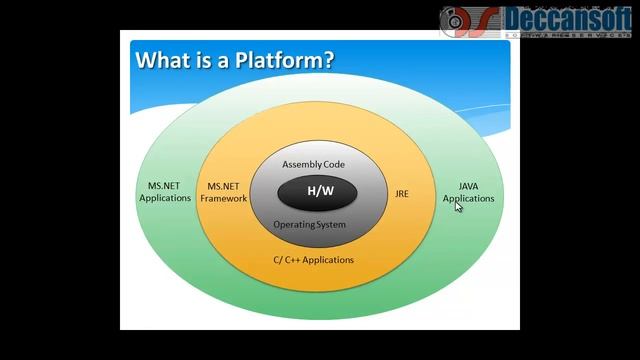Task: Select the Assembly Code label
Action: coord(313,164)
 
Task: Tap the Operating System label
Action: coord(310,225)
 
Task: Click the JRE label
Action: coord(402,193)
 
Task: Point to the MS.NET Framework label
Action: coord(223,192)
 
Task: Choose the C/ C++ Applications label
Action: coord(314,260)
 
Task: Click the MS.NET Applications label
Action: coord(165,192)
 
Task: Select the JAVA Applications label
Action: coord(468,192)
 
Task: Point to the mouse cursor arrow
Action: coord(458,206)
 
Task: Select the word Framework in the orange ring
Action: coord(223,198)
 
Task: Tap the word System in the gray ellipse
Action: coord(328,225)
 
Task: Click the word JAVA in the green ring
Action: coord(468,186)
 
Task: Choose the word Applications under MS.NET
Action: coord(165,198)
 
